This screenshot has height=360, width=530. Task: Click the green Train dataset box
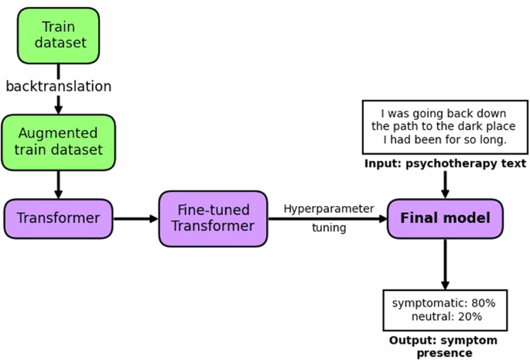(x=59, y=36)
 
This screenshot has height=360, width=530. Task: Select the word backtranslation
(x=59, y=86)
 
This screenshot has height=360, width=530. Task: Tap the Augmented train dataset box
(x=59, y=142)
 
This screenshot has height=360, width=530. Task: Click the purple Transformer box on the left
(x=59, y=218)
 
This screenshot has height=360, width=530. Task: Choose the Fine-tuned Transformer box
(x=213, y=218)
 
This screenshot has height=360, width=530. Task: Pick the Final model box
(x=445, y=218)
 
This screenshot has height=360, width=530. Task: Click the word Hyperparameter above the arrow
(x=328, y=208)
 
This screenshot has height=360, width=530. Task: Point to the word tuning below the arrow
(x=328, y=228)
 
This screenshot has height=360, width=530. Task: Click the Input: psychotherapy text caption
(x=445, y=163)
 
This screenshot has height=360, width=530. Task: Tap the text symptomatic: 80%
(x=444, y=302)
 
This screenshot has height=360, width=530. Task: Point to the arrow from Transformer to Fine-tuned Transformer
(x=135, y=218)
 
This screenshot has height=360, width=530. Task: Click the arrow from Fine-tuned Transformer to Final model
(x=328, y=218)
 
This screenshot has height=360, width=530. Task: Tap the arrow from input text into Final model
(x=445, y=184)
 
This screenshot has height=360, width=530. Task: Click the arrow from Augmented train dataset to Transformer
(x=58, y=184)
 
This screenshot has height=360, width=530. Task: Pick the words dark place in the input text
(x=487, y=126)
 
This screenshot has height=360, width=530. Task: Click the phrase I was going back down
(x=444, y=112)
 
